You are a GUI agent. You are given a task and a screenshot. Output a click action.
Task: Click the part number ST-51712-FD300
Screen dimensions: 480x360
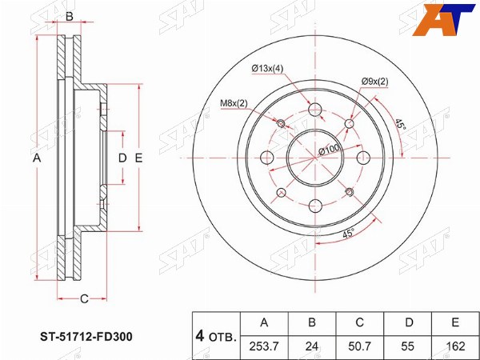coord(86,337)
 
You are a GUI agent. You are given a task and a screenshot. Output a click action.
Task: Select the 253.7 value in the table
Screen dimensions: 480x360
coord(264,346)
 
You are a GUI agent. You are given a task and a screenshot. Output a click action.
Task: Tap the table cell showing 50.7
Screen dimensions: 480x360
coord(359,346)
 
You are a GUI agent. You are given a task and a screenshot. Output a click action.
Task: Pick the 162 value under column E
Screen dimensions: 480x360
coord(455,346)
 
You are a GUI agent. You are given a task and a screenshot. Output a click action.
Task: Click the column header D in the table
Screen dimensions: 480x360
coord(409,322)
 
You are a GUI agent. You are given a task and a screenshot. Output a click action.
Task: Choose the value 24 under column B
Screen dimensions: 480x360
coord(312,346)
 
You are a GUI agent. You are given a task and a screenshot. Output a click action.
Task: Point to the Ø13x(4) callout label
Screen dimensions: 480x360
coord(267,69)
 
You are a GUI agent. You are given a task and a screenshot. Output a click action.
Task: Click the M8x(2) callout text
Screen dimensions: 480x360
coord(234,103)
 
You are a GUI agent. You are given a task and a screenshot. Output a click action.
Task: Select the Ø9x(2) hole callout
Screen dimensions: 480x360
coord(374,82)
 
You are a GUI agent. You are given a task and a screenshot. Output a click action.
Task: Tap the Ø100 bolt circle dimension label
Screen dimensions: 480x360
coord(329,150)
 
